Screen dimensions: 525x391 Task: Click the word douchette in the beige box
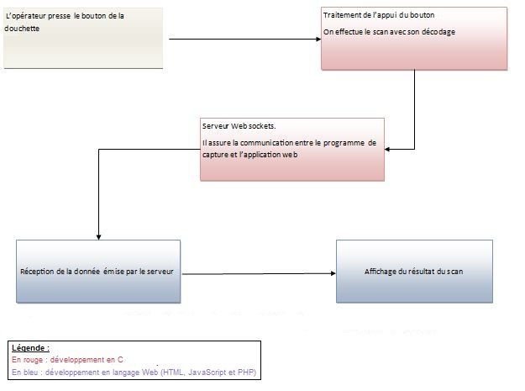[22, 29]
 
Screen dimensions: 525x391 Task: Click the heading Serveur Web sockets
[239, 126]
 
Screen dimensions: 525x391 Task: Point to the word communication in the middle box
[265, 143]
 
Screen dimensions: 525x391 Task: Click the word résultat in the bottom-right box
[423, 272]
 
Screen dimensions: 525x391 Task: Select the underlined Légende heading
[30, 348]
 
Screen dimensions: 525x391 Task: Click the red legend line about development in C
[67, 360]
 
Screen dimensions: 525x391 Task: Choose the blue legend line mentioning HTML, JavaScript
[134, 373]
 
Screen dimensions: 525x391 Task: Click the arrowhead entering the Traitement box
[318, 40]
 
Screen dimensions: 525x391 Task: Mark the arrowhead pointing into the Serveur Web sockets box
[387, 149]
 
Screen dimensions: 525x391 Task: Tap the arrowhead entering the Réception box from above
[98, 237]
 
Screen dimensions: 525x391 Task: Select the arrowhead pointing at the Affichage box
[333, 273]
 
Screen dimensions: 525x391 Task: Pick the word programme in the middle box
[344, 143]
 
